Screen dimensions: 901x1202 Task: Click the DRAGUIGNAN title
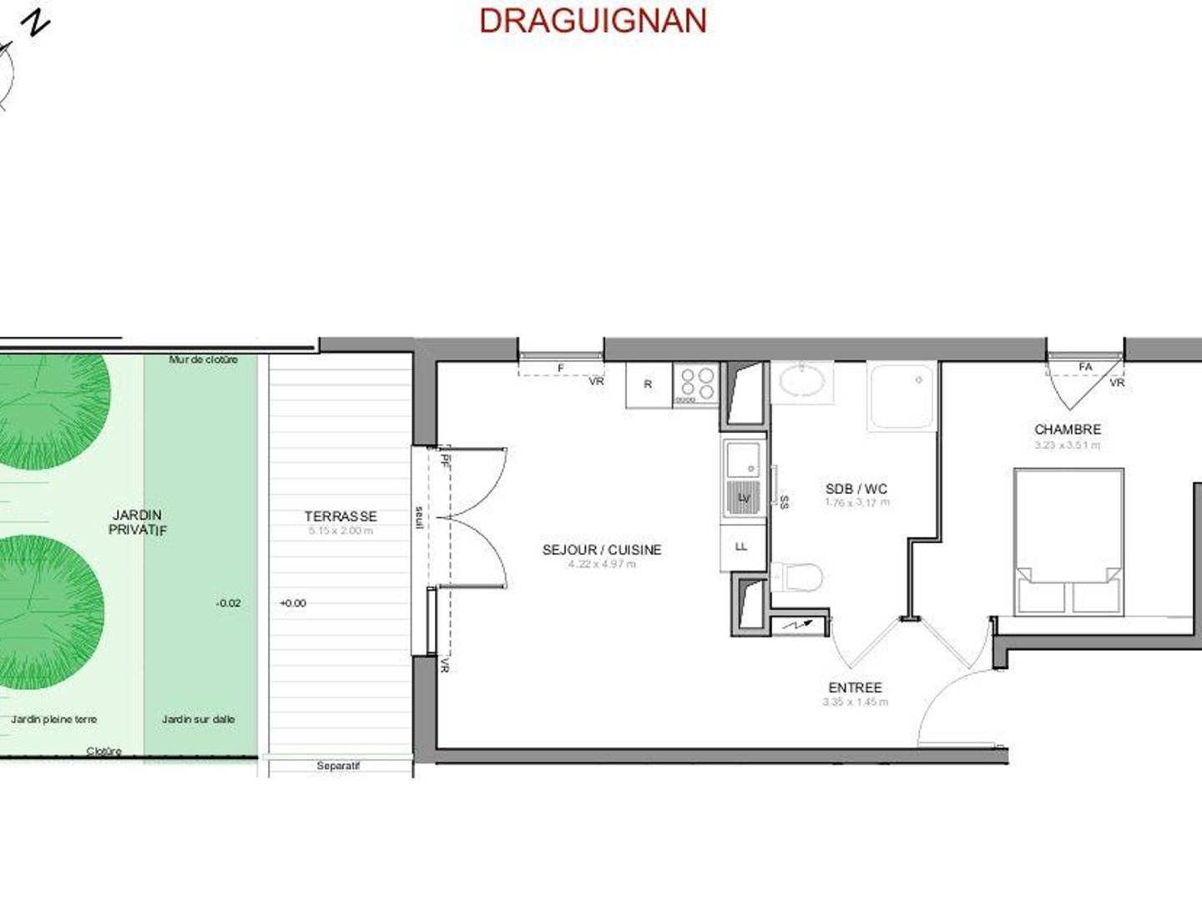[593, 21]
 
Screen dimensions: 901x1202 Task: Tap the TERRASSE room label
[341, 516]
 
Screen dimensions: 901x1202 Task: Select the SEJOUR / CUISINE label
[602, 550]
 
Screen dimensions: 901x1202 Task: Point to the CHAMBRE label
[1068, 430]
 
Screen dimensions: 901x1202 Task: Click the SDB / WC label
[856, 489]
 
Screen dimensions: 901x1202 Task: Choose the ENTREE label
[855, 687]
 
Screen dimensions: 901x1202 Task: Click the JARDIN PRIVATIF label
[138, 522]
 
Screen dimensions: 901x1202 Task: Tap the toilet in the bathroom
[800, 576]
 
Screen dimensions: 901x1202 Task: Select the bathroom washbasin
[802, 382]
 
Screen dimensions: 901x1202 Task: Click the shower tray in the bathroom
[902, 395]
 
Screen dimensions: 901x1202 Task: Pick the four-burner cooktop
[696, 385]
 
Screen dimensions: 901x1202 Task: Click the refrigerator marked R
[649, 385]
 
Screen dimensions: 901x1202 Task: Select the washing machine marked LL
[742, 547]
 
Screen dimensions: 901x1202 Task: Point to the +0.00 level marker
[293, 603]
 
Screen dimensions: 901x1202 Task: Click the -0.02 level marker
[228, 603]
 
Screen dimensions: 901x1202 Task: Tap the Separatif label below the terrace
[338, 766]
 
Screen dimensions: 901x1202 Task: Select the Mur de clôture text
[204, 360]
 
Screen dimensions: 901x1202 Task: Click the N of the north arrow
[36, 23]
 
